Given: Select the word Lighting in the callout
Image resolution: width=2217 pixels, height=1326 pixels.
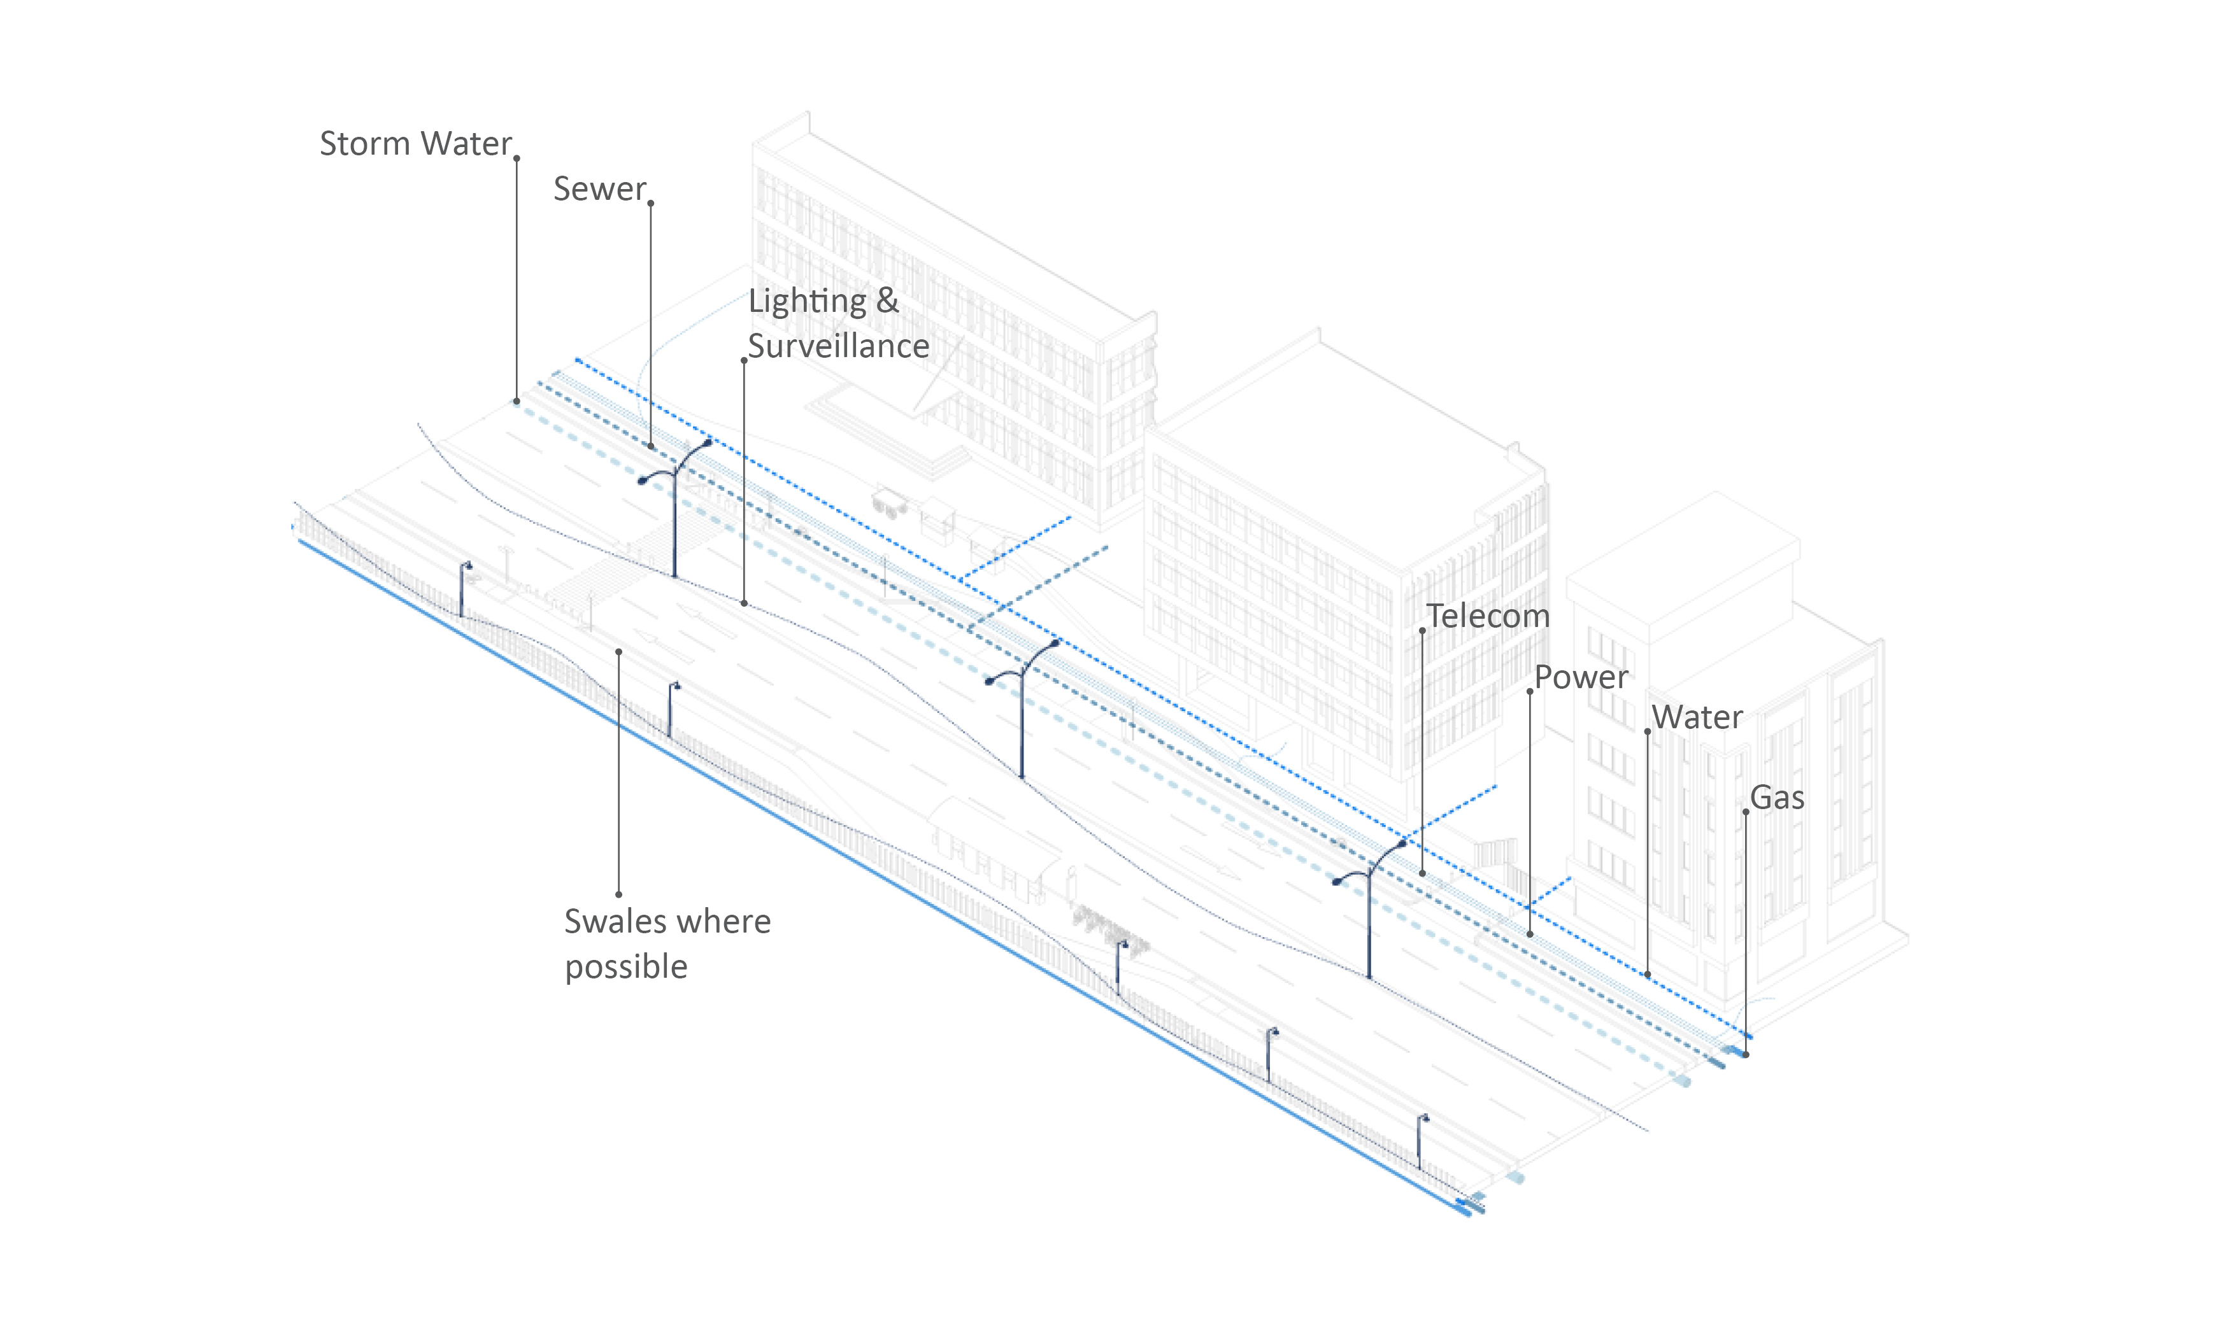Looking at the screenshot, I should tap(807, 302).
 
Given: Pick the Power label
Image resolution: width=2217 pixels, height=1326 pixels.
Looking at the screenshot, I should tap(1581, 677).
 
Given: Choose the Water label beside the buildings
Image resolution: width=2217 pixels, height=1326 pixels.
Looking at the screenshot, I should tap(1697, 717).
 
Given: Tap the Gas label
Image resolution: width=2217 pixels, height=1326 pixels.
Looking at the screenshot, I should tap(1776, 798).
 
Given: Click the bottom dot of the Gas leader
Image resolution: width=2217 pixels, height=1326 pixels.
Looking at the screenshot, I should tap(1746, 1054).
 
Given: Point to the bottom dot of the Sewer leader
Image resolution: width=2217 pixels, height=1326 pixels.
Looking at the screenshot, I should tap(651, 446).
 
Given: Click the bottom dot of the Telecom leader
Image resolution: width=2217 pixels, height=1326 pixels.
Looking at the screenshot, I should tap(1422, 873).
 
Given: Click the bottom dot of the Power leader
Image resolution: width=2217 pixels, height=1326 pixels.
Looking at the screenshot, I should tap(1530, 935).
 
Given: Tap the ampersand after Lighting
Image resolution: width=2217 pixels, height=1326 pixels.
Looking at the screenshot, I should tap(887, 301).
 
